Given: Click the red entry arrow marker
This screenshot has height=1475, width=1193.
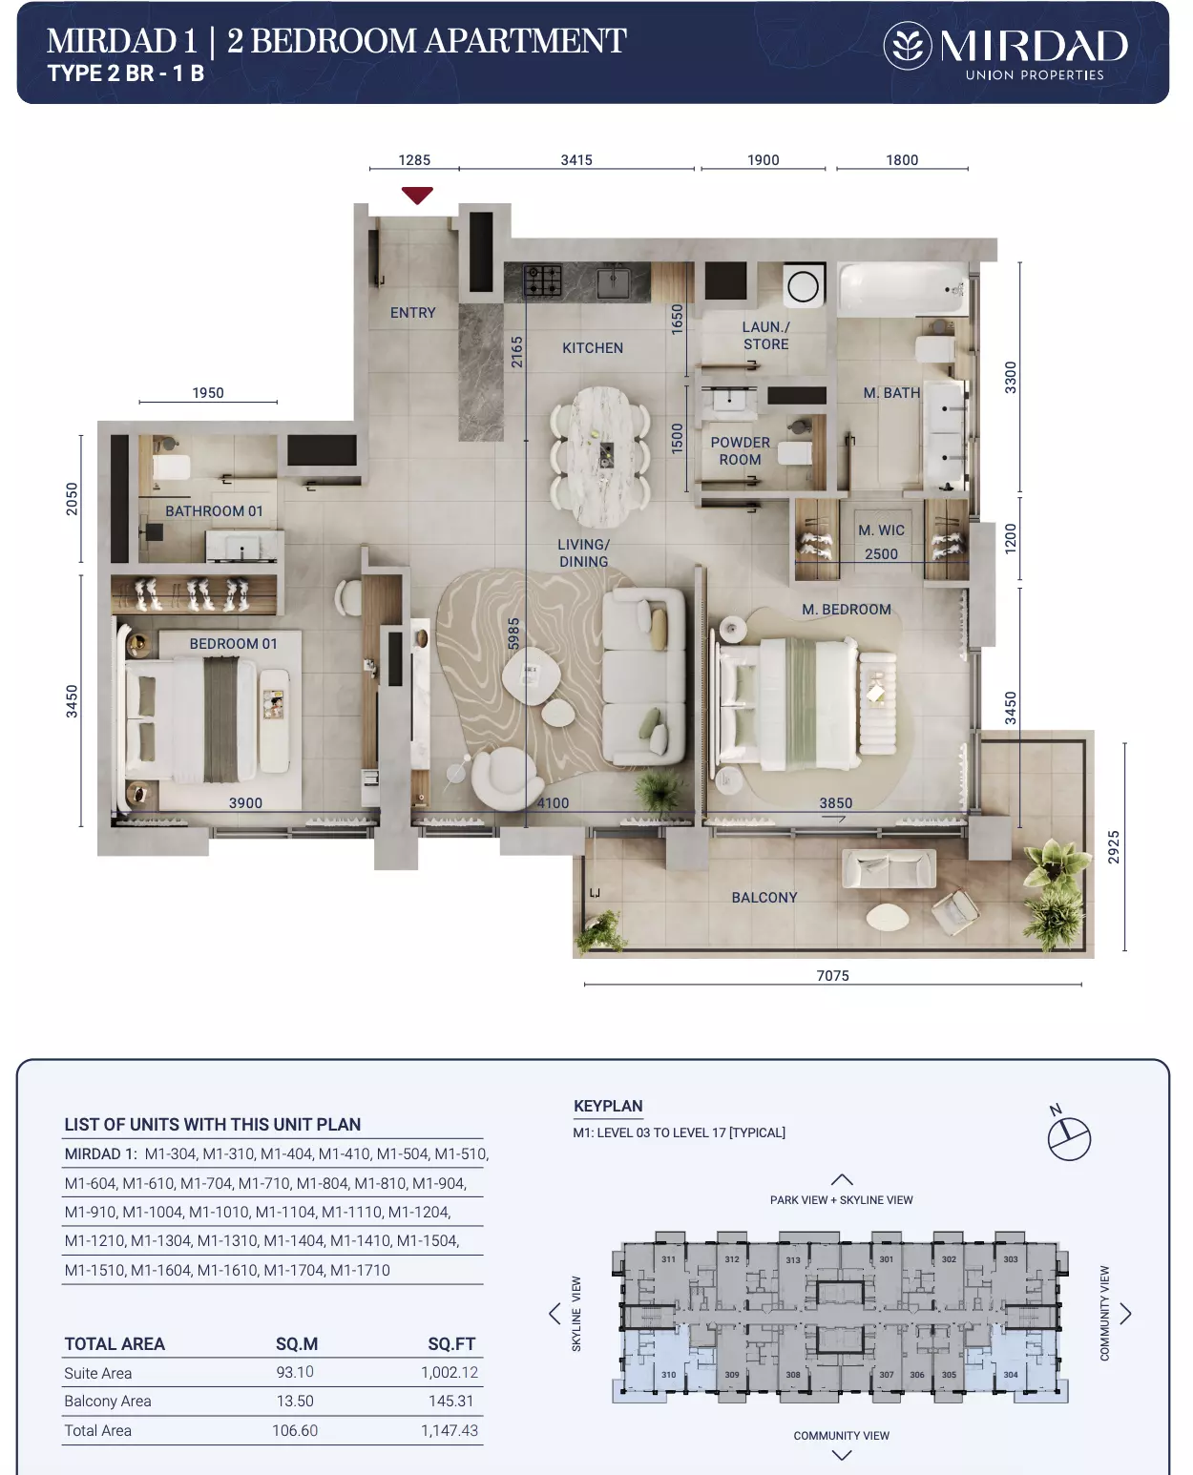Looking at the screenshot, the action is pyautogui.click(x=417, y=195).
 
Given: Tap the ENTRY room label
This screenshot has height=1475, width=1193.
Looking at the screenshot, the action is pyautogui.click(x=413, y=312).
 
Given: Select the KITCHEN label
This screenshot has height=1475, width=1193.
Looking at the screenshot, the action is pyautogui.click(x=593, y=347).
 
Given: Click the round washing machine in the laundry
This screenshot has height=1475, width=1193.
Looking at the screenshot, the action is pyautogui.click(x=804, y=286).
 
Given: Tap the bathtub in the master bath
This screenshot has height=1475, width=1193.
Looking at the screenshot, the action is pyautogui.click(x=903, y=289).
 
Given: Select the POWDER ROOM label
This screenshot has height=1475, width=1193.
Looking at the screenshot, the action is pyautogui.click(x=740, y=451).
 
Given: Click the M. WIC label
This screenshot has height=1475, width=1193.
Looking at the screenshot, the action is pyautogui.click(x=881, y=530).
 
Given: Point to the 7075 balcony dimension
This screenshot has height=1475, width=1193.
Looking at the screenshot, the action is pyautogui.click(x=833, y=976).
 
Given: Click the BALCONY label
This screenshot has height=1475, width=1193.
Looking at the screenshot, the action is pyautogui.click(x=764, y=898).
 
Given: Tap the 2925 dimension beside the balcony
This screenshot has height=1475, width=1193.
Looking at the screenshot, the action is pyautogui.click(x=1113, y=847).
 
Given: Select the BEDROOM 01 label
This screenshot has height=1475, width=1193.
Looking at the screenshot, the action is pyautogui.click(x=234, y=643).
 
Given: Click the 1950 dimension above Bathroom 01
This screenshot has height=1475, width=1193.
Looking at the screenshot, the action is pyautogui.click(x=208, y=393).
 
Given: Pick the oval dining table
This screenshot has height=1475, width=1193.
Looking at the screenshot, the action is pyautogui.click(x=600, y=457).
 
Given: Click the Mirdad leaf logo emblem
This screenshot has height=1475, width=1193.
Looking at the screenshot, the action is pyautogui.click(x=908, y=46).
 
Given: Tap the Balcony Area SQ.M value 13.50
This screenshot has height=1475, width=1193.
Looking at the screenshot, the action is pyautogui.click(x=295, y=1401).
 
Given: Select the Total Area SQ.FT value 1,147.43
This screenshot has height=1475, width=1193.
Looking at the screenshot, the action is pyautogui.click(x=450, y=1430).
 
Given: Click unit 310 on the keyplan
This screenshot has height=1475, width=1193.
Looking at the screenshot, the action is pyautogui.click(x=668, y=1375).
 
